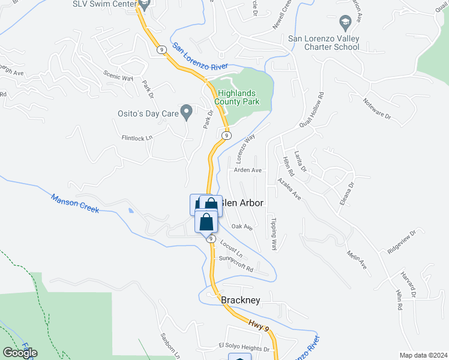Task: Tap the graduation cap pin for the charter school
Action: tap(345, 23)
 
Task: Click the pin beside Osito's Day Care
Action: tap(187, 111)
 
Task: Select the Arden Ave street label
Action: tap(248, 170)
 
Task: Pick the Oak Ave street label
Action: tap(242, 227)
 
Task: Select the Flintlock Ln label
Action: tap(137, 137)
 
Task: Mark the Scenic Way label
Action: tap(118, 77)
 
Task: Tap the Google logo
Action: tap(20, 353)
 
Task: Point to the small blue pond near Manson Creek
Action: tap(131, 211)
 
